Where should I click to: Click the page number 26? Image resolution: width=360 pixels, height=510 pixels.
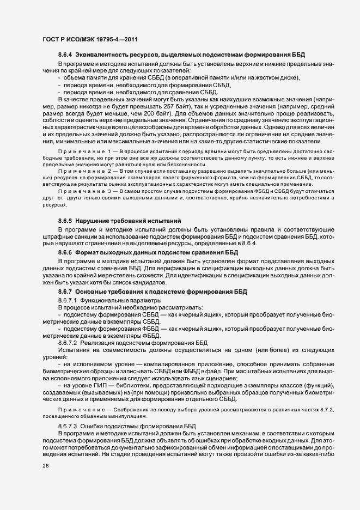point(46,466)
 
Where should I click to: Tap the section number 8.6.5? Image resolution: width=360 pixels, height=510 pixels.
point(65,221)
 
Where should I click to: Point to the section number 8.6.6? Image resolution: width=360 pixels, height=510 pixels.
point(65,253)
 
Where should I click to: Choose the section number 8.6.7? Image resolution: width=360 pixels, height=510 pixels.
point(65,292)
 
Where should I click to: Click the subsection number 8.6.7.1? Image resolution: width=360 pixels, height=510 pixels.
point(68,300)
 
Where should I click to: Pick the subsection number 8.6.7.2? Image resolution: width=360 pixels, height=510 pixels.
point(68,343)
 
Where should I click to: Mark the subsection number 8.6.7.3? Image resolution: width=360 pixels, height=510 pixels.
point(68,425)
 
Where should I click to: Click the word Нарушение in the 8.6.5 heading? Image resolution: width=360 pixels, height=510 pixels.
point(96,221)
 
